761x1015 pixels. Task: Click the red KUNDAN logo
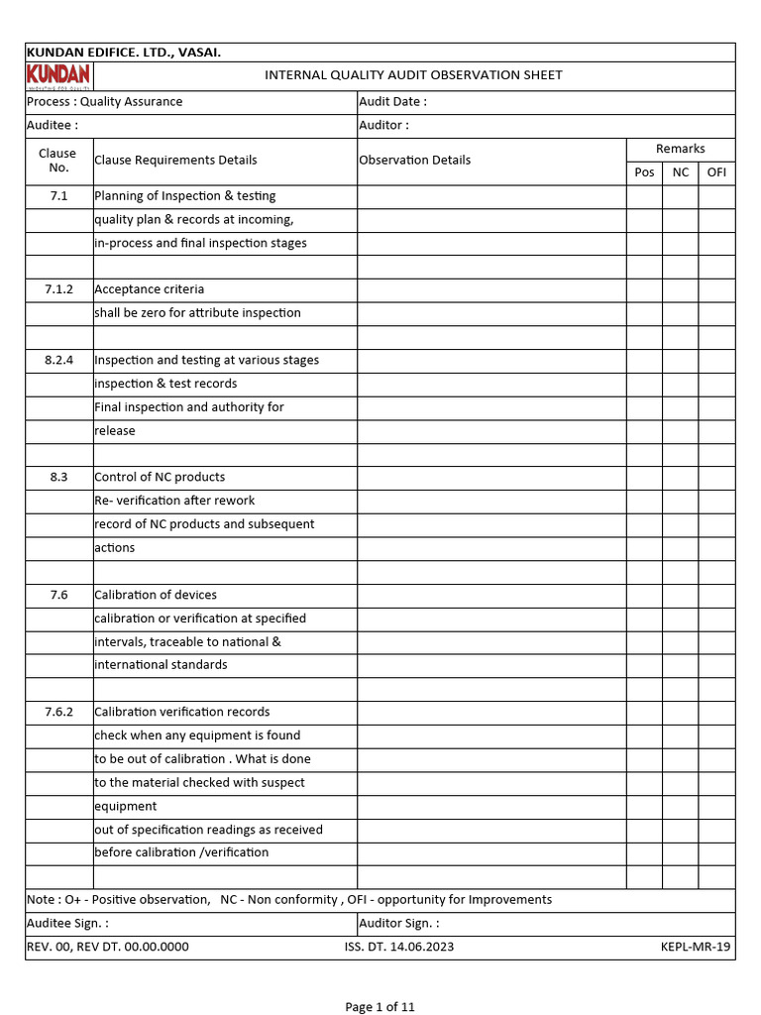[58, 76]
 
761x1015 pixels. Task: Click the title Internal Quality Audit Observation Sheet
[413, 75]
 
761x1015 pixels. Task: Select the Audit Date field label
[392, 101]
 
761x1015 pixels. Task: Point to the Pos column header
[644, 172]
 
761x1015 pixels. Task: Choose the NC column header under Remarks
[681, 172]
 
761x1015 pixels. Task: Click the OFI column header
[716, 172]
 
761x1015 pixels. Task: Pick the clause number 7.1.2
[59, 289]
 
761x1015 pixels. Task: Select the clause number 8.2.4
[59, 360]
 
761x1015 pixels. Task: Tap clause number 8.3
[59, 477]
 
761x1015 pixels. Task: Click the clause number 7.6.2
[59, 712]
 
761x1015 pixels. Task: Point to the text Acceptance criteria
[150, 289]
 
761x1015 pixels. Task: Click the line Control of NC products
[160, 477]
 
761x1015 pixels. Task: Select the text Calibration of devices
[156, 595]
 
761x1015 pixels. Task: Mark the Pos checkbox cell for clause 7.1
[644, 196]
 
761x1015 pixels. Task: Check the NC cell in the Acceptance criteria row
[681, 289]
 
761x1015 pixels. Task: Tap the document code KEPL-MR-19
[696, 947]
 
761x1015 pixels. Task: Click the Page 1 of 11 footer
[380, 1007]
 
